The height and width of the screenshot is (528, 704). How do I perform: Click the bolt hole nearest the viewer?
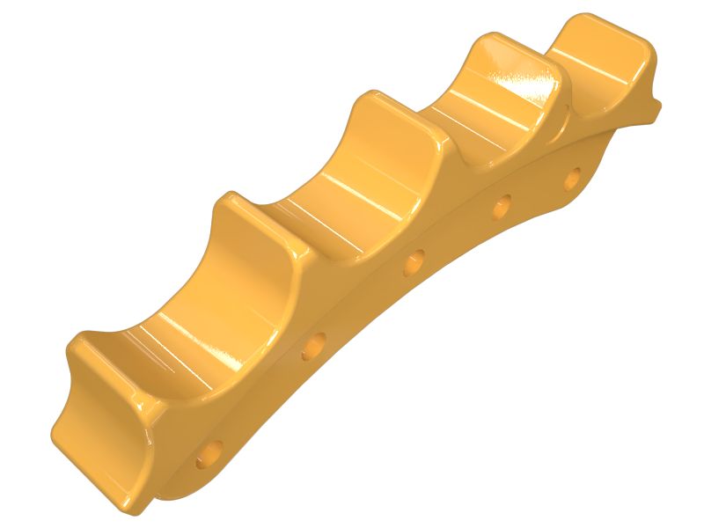pyautogui.click(x=210, y=455)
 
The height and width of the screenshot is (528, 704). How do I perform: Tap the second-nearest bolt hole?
pyautogui.click(x=313, y=348)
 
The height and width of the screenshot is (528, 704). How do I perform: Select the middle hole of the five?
pyautogui.click(x=413, y=262)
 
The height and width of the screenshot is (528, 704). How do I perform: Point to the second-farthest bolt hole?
pyautogui.click(x=501, y=207)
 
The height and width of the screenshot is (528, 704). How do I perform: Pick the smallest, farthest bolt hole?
pyautogui.click(x=573, y=177)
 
